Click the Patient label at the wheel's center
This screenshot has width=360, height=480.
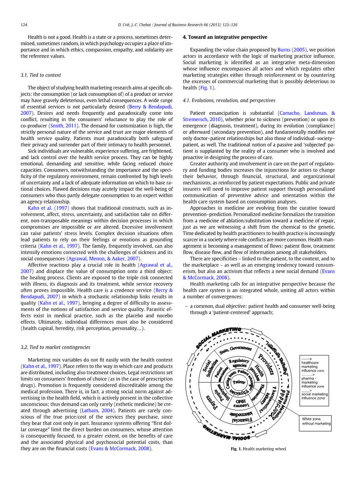coord(239,382)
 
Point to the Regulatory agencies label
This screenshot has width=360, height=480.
coord(239,363)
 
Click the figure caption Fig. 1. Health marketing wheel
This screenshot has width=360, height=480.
coord(258,449)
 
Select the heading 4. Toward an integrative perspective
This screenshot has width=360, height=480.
coord(225,37)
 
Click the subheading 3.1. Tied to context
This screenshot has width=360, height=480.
coord(41,75)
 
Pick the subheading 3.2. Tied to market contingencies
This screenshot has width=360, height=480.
coord(55,347)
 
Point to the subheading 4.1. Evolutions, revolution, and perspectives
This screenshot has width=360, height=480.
coord(229,100)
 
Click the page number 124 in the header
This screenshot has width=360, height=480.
coord(24,25)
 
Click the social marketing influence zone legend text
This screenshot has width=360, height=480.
coord(314,396)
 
